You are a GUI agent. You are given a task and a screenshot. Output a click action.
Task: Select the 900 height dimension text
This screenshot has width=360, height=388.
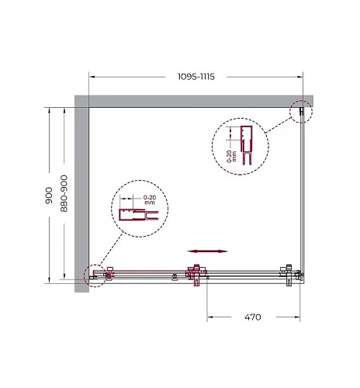point(49,196)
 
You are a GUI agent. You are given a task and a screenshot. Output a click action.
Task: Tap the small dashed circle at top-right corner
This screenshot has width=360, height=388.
point(301,112)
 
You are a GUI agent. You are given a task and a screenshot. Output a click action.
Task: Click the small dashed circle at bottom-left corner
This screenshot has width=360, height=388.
point(95,275)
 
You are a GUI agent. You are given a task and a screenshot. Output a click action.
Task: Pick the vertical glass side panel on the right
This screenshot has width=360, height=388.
point(301,194)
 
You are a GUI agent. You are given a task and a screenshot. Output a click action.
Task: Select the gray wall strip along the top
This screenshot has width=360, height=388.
point(194,101)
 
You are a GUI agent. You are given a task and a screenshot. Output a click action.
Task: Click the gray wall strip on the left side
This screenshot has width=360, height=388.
point(81,194)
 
